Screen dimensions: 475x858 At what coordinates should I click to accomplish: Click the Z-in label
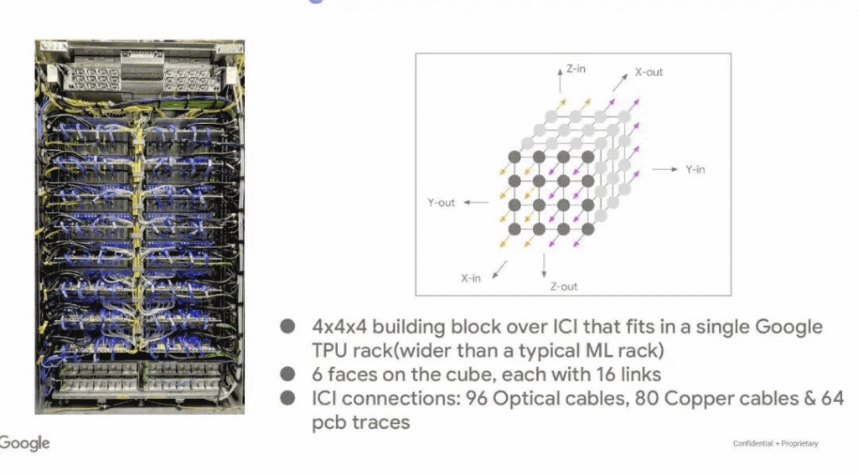coord(576,70)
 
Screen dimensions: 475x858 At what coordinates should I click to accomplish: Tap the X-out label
coord(649,72)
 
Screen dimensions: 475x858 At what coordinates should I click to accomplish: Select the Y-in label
coord(695,169)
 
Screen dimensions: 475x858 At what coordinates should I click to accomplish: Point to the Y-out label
coord(442,203)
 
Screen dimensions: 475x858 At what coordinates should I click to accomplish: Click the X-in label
coord(471,278)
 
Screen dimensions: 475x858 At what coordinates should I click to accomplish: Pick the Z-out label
coord(564,287)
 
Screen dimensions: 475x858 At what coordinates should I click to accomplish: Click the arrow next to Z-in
coord(560,78)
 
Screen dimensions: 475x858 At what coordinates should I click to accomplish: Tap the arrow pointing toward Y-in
coord(664,169)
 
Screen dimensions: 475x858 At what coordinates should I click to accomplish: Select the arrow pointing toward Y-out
coord(476,203)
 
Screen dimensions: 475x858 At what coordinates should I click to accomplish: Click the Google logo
coord(24,443)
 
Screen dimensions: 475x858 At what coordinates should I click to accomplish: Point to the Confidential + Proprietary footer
coord(775,444)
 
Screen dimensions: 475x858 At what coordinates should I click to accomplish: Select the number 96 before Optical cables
coord(475,400)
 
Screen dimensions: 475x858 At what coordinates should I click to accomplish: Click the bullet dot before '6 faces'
coord(288,374)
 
